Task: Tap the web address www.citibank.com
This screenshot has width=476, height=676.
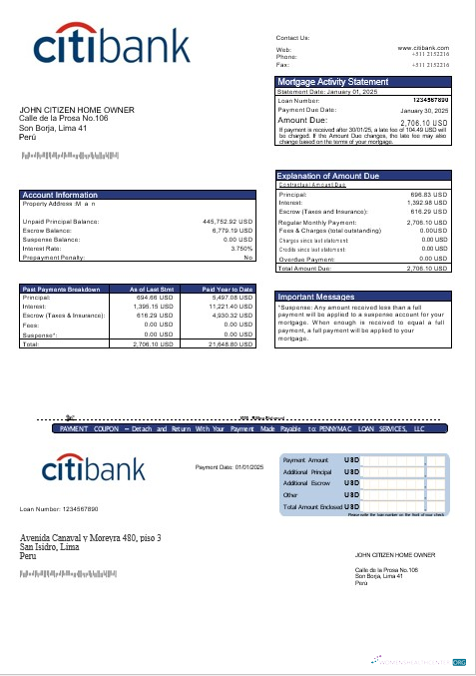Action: point(423,48)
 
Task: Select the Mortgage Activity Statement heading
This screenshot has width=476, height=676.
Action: point(333,81)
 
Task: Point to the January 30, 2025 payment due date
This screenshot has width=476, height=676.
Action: point(424,110)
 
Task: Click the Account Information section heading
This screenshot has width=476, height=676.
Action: point(60,195)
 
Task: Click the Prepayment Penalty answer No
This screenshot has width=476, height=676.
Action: point(248,258)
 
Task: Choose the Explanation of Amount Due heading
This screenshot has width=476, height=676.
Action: point(329,176)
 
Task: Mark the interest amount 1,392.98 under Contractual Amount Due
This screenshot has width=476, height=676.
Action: point(431,204)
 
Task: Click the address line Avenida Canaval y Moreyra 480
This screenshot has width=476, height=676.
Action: point(91,539)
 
